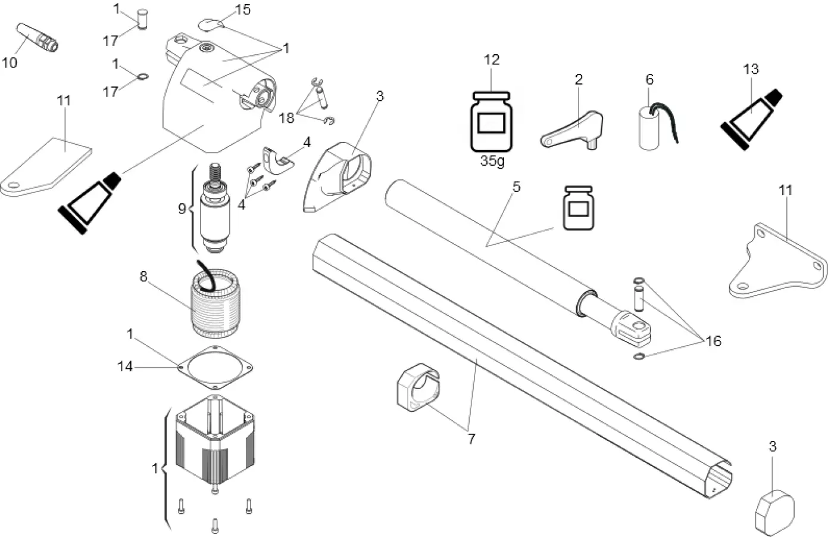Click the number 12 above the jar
(x=492, y=60)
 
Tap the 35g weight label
(x=492, y=161)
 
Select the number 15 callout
(x=243, y=10)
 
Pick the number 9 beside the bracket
(x=182, y=208)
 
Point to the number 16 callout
(x=713, y=341)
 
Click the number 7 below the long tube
(x=471, y=439)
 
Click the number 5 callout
(x=516, y=187)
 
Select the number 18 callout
(x=287, y=118)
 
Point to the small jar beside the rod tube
(x=579, y=207)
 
